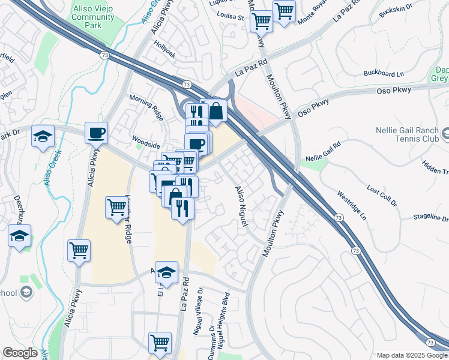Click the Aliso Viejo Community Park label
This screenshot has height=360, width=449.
(93, 13)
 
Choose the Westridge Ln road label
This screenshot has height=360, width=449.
(351, 205)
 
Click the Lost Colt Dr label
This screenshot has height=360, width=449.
(382, 196)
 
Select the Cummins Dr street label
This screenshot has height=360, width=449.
(212, 342)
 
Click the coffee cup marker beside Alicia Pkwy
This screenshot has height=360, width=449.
(95, 133)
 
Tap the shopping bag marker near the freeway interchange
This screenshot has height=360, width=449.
(215, 110)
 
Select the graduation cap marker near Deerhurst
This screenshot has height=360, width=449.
(20, 235)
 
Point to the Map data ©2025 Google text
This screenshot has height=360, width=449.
(411, 355)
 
